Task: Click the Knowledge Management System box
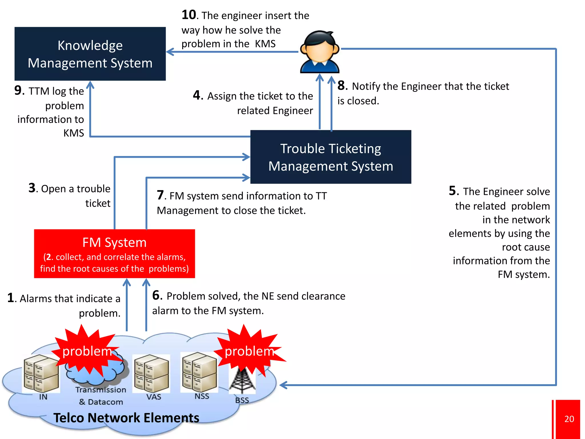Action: tap(90, 54)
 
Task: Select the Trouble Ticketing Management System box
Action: tap(330, 157)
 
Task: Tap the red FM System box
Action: tap(114, 254)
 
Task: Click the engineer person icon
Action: tap(320, 52)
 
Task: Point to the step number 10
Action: tap(189, 15)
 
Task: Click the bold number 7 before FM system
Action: tap(160, 195)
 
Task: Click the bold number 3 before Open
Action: tap(32, 188)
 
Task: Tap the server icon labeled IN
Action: tap(41, 373)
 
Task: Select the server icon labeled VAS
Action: tap(152, 373)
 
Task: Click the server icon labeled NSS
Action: tap(199, 372)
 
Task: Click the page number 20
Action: tap(569, 419)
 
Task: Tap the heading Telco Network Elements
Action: tap(126, 418)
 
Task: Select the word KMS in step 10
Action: tap(265, 44)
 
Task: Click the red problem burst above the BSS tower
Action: tap(249, 351)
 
